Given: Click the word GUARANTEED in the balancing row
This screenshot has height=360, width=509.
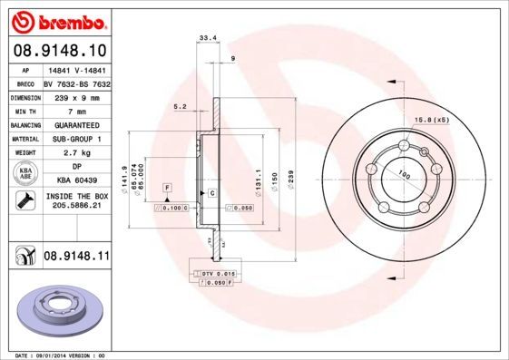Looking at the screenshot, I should (75, 124).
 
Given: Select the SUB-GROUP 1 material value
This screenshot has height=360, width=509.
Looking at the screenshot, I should (75, 139).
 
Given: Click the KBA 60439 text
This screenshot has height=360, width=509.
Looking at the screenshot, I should (75, 181).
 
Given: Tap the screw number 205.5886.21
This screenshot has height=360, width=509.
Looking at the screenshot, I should (75, 207).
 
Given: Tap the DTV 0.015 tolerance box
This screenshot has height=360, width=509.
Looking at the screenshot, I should (219, 273).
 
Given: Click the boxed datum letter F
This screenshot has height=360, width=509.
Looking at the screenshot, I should (167, 187).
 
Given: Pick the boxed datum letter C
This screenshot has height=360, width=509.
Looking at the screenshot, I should (211, 194).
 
